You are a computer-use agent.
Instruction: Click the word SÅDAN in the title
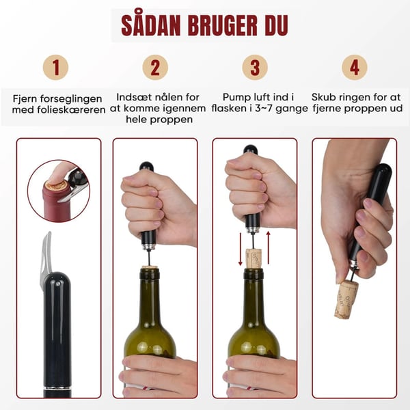(152, 25)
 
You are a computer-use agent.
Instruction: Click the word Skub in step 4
(325, 98)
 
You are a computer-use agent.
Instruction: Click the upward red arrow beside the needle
(269, 250)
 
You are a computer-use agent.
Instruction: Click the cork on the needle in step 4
(346, 298)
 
